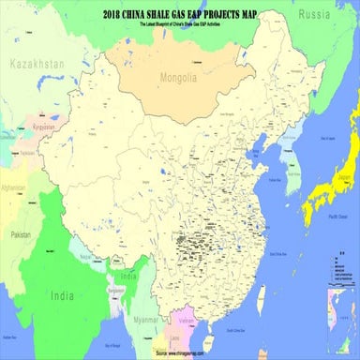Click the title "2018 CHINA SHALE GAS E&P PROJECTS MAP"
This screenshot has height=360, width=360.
click(180, 13)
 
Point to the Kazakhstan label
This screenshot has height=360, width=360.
click(36, 64)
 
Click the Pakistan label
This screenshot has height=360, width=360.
click(14, 233)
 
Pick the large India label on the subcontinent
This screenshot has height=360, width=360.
click(62, 296)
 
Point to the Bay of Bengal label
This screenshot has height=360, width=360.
click(112, 346)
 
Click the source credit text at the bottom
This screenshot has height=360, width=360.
click(180, 353)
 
